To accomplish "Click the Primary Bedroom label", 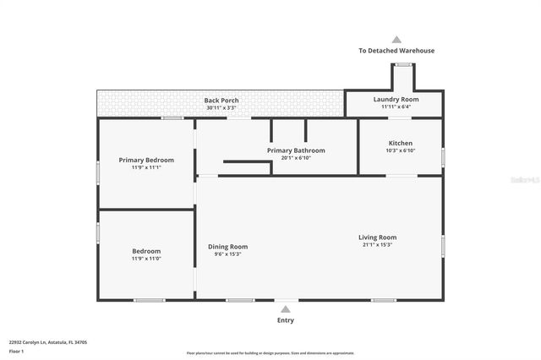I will [146, 160].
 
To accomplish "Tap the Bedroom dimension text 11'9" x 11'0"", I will [146, 259].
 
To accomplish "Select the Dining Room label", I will [228, 247].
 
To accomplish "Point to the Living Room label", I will [377, 237].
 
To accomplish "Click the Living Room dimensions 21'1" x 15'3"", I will [377, 245].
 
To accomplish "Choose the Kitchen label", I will [401, 143].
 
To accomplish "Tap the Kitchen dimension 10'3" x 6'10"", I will [401, 150].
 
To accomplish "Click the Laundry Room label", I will [396, 99].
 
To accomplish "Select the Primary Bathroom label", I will [296, 150].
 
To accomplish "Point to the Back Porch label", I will [221, 101].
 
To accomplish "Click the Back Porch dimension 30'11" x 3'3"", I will [221, 108].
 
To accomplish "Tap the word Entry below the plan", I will [287, 320].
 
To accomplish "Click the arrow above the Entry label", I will [287, 308].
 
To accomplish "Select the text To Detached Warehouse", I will [396, 51].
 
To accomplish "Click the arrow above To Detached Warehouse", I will [396, 39].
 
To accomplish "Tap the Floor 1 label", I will [17, 351].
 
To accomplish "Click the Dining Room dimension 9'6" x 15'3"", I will [228, 254].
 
